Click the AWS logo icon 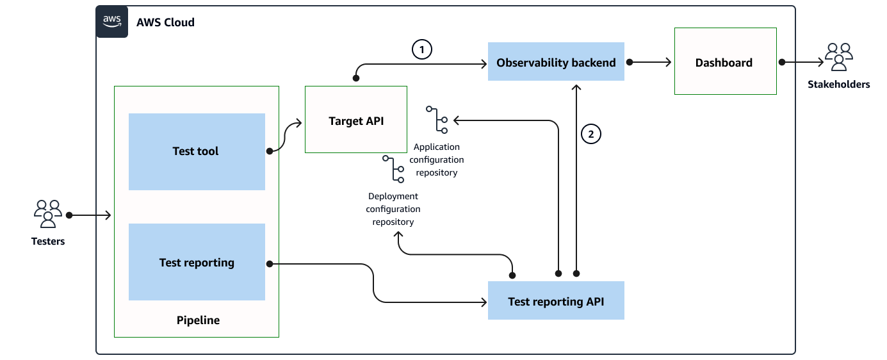112,22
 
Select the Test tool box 197,152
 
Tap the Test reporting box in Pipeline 197,262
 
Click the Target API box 356,120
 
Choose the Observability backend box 556,62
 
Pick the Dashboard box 725,62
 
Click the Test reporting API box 556,300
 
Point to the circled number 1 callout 422,49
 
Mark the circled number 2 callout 590,134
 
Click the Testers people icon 48,214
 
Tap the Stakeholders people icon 839,56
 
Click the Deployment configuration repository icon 393,169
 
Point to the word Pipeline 198,320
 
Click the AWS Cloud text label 165,22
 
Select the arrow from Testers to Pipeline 90,215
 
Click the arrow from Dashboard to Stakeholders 802,62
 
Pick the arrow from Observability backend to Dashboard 649,62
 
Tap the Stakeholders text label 838,84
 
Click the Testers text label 48,241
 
